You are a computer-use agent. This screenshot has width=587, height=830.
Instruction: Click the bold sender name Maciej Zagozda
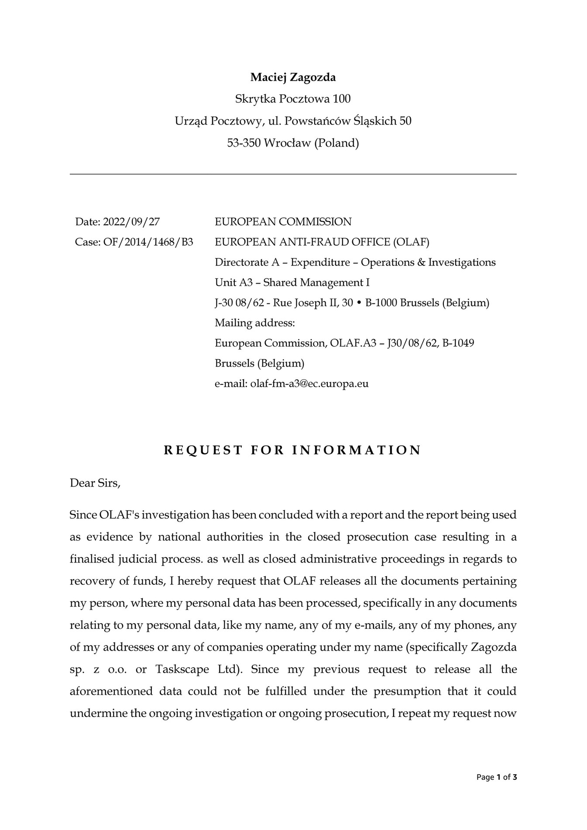[x=293, y=78]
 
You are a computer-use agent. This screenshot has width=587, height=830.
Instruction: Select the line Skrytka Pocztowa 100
[x=293, y=99]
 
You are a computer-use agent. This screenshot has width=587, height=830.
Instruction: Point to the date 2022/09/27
[x=131, y=222]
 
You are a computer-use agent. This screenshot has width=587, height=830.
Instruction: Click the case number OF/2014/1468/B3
[x=148, y=242]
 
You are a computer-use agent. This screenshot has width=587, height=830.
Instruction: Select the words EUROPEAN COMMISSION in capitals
[x=283, y=222]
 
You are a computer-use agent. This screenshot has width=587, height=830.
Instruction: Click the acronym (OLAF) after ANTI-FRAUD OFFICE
[x=411, y=242]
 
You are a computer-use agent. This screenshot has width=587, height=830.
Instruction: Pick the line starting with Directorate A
[x=355, y=262]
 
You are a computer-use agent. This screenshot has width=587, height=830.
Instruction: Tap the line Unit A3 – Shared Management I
[x=292, y=282]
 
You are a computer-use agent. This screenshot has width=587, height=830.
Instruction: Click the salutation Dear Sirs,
[x=95, y=483]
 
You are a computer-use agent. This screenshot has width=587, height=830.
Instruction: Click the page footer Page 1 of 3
[x=497, y=777]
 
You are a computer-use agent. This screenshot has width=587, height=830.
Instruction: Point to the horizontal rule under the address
[x=293, y=174]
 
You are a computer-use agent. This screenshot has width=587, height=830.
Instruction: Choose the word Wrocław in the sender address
[x=287, y=143]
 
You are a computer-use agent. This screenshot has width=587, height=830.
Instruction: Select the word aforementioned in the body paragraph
[x=111, y=691]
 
